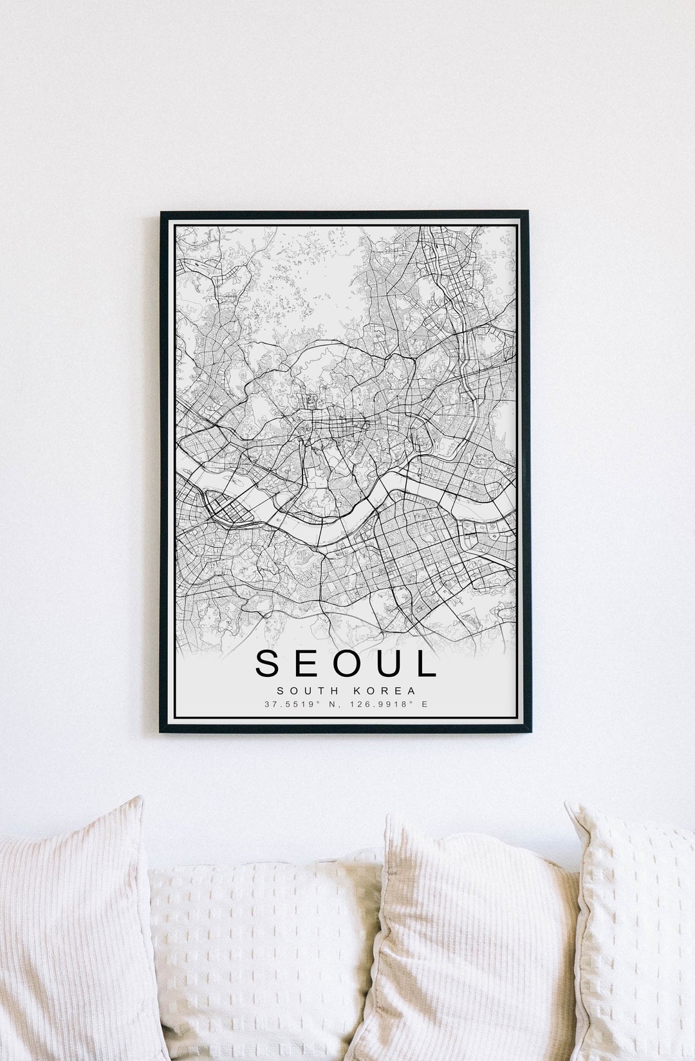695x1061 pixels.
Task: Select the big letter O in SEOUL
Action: [348, 663]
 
